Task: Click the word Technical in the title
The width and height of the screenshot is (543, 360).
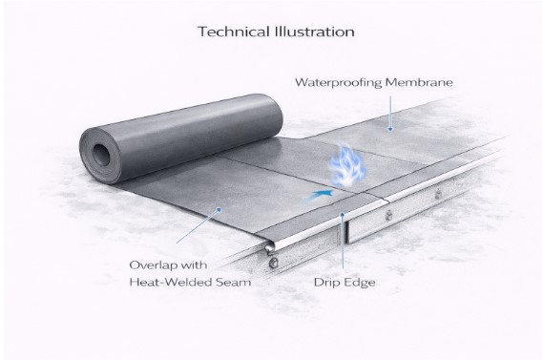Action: pos(230,31)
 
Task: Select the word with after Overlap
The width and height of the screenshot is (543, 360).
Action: pos(198,263)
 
